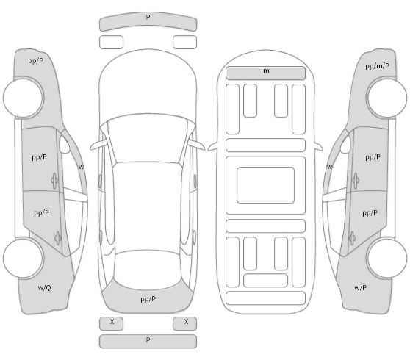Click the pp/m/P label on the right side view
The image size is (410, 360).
click(377, 66)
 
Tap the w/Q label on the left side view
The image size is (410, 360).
click(44, 288)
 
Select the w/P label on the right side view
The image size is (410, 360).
click(360, 288)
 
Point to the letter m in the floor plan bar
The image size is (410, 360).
click(266, 71)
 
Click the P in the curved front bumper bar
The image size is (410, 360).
click(148, 17)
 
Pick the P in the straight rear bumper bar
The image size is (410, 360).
click(148, 339)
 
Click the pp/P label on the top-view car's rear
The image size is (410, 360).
click(148, 299)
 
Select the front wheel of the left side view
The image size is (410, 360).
click(24, 98)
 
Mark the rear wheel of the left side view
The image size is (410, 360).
click(24, 258)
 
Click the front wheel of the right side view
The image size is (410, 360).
click(386, 98)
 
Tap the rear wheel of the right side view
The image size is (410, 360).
click(386, 258)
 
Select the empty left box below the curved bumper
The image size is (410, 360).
click(111, 43)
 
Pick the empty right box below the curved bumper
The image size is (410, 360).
click(184, 43)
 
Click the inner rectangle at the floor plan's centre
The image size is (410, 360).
click(266, 185)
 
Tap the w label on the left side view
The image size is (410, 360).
click(81, 167)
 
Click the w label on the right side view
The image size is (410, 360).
click(329, 167)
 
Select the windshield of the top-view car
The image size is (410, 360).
click(148, 139)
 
